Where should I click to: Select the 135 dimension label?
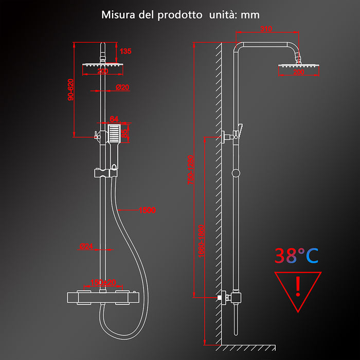tap(125, 51)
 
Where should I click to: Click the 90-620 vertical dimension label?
tap(70, 89)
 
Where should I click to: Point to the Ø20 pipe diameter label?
tap(122, 87)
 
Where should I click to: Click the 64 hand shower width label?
tap(114, 119)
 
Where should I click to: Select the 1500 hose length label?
tap(147, 210)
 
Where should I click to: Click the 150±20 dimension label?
tap(103, 282)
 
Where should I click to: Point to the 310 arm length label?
tap(266, 29)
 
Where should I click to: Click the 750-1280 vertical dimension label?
tap(191, 170)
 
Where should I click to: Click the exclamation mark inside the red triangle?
tap(298, 286)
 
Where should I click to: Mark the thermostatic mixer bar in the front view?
tap(103, 297)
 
